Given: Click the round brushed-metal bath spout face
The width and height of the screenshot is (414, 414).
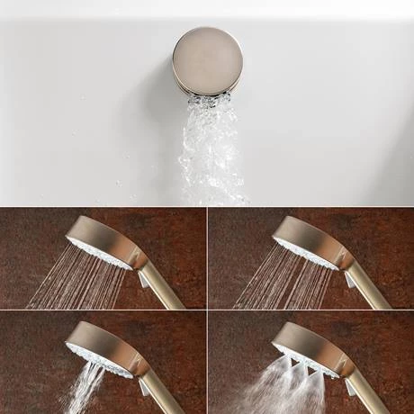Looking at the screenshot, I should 207,58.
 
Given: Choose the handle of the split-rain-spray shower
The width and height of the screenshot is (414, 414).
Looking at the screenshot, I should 367,286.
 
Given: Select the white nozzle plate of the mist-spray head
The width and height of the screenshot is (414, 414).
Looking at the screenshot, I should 301,355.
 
